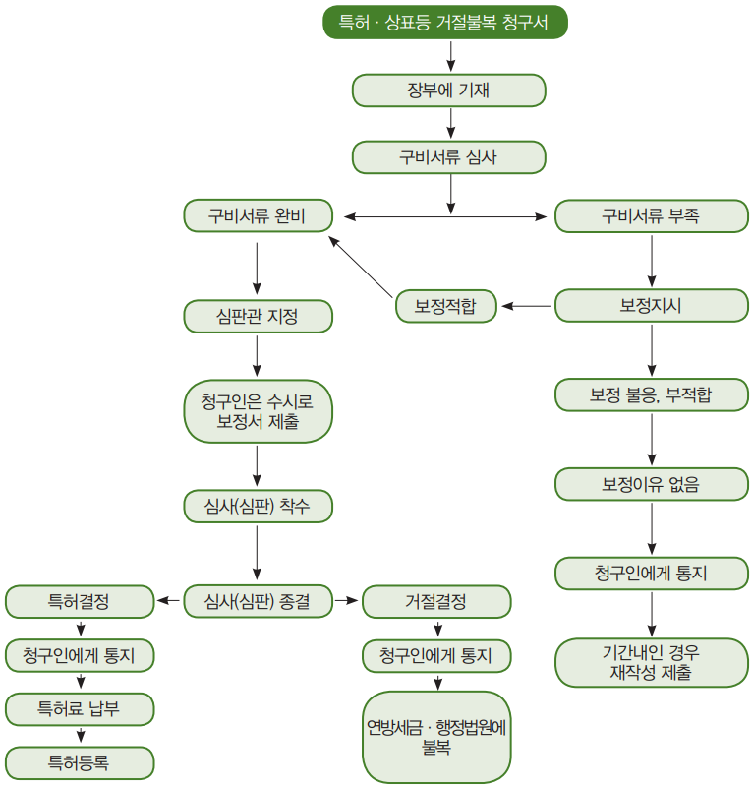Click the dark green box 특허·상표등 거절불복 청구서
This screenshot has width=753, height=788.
point(445,22)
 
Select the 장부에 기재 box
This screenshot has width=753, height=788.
point(448,91)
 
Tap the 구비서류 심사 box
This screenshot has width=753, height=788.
point(448,157)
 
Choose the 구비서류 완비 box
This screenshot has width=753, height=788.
point(258,216)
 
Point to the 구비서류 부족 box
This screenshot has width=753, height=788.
point(651,216)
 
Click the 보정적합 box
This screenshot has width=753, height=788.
point(446,306)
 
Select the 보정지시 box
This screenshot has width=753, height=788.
point(651,306)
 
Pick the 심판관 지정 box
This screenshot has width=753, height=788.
point(258,317)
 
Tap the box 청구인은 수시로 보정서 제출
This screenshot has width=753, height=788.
point(258,411)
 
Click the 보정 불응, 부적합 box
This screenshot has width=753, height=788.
point(651,395)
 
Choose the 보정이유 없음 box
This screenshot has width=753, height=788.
point(651,484)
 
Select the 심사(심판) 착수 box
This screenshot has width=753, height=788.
point(258,506)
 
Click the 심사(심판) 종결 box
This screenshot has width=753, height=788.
point(258,601)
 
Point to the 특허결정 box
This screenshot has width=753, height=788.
point(80,601)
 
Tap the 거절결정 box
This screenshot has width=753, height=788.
point(436,601)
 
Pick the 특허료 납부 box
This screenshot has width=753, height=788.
point(80,709)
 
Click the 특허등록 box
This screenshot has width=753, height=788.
point(80,762)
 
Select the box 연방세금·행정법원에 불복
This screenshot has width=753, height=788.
point(436,737)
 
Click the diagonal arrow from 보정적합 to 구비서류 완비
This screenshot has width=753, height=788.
point(360,267)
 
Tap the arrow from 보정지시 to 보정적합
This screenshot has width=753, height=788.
point(527,306)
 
